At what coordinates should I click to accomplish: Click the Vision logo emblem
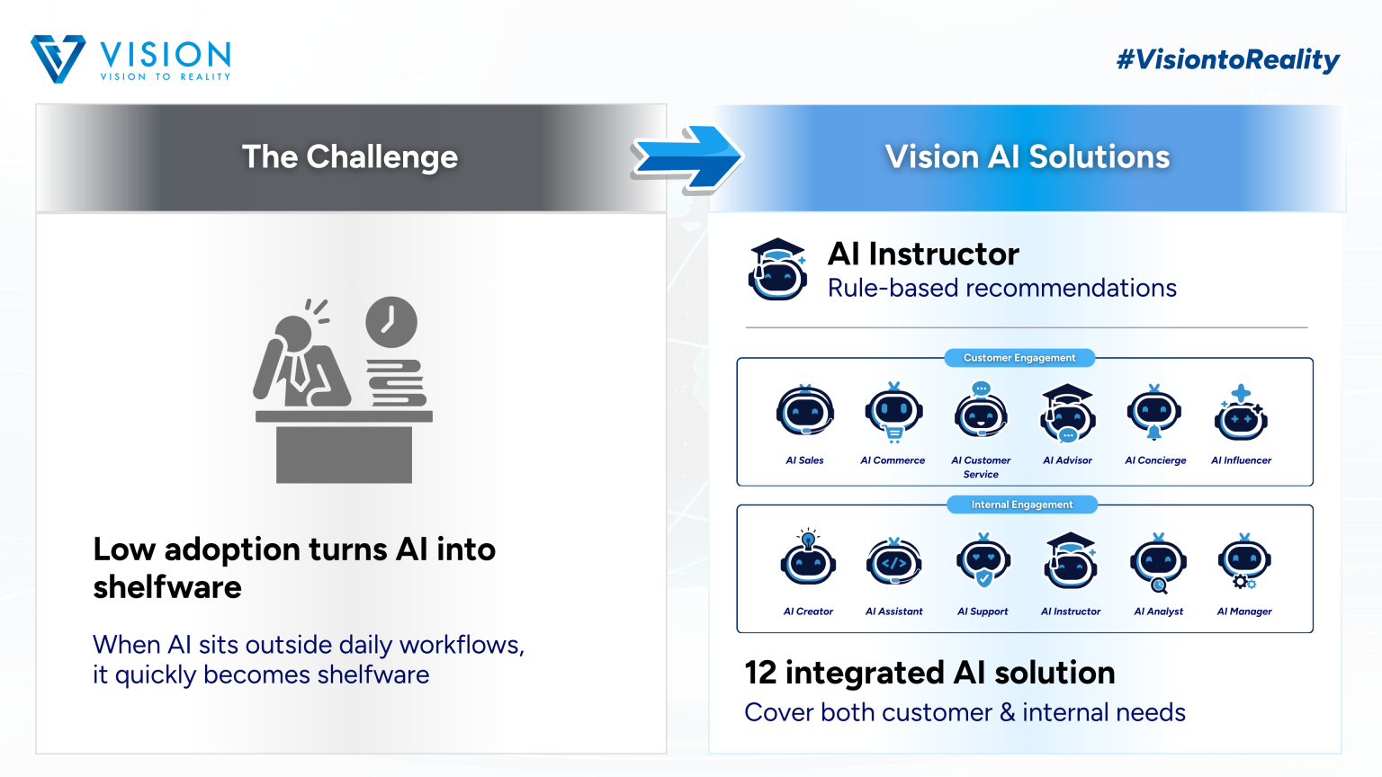[x=58, y=59]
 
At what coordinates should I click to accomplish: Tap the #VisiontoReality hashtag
[x=1227, y=60]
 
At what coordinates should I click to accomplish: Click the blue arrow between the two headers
[x=687, y=158]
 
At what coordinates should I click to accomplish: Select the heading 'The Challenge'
[x=350, y=157]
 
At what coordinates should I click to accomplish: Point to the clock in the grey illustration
[x=391, y=322]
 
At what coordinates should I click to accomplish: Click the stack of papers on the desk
[x=395, y=383]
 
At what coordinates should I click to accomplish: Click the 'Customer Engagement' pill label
[x=1019, y=358]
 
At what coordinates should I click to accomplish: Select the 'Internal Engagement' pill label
[x=1022, y=505]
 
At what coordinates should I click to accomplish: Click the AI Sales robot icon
[x=804, y=413]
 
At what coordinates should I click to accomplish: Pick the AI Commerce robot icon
[x=893, y=413]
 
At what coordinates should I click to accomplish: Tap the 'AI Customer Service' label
[x=981, y=467]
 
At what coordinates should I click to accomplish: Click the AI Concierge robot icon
[x=1154, y=413]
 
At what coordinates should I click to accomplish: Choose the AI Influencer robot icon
[x=1242, y=415]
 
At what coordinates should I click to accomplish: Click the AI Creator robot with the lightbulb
[x=808, y=558]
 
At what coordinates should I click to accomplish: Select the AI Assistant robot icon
[x=893, y=562]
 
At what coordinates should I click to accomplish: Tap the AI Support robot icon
[x=983, y=560]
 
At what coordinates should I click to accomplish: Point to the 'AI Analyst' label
[x=1158, y=612]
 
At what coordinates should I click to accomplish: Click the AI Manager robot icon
[x=1244, y=560]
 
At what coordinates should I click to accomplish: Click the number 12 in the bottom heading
[x=760, y=673]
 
